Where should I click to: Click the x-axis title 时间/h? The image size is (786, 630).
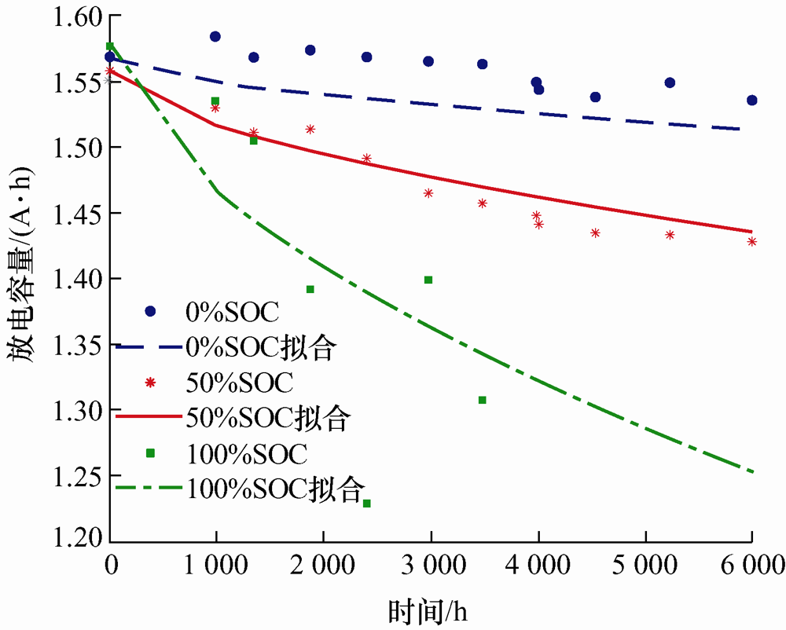432,610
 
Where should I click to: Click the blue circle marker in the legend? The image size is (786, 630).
151,311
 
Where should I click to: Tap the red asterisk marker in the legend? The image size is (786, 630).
151,383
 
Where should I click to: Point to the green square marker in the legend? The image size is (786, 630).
151,452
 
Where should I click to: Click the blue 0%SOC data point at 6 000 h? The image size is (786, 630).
752,100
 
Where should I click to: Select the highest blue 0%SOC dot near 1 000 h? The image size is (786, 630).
215,36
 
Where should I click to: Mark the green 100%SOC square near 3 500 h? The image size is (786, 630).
483,400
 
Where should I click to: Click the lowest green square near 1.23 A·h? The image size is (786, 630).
366,503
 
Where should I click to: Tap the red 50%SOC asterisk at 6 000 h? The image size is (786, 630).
752,241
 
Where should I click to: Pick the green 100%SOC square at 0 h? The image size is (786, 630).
110,46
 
